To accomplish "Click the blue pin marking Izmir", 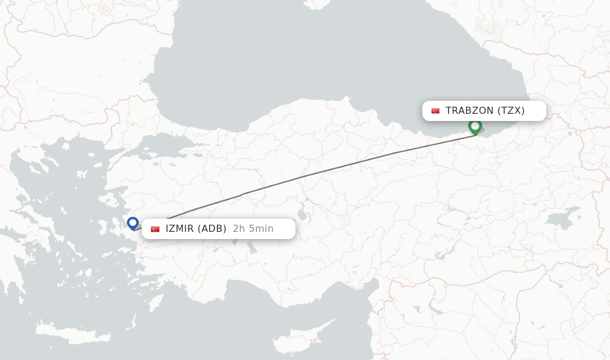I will (133, 224).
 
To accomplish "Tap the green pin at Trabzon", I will (475, 126).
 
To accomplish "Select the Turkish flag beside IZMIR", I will (155, 229).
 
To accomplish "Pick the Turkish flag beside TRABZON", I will (435, 111).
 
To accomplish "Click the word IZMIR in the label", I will (179, 229).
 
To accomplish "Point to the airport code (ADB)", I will (212, 229).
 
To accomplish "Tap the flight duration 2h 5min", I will (253, 229).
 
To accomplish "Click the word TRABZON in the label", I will (469, 111).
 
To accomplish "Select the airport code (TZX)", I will (511, 111).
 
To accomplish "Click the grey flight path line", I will (334, 169).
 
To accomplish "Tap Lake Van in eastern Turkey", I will (562, 218).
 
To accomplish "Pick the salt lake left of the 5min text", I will (302, 212).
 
